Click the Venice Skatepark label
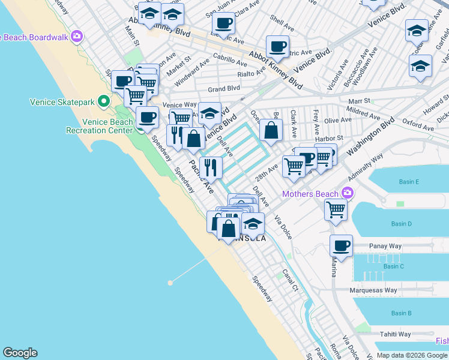(x=62, y=102)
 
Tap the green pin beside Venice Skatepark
(x=103, y=101)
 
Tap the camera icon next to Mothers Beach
(x=346, y=193)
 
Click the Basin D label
(x=401, y=224)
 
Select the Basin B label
(x=401, y=313)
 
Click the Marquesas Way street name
(x=374, y=290)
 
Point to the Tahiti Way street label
(x=395, y=334)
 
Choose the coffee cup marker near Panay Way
(x=341, y=246)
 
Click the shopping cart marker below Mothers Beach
(x=336, y=210)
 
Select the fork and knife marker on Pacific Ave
(x=211, y=167)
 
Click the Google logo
(x=20, y=353)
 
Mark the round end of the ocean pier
(x=171, y=281)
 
